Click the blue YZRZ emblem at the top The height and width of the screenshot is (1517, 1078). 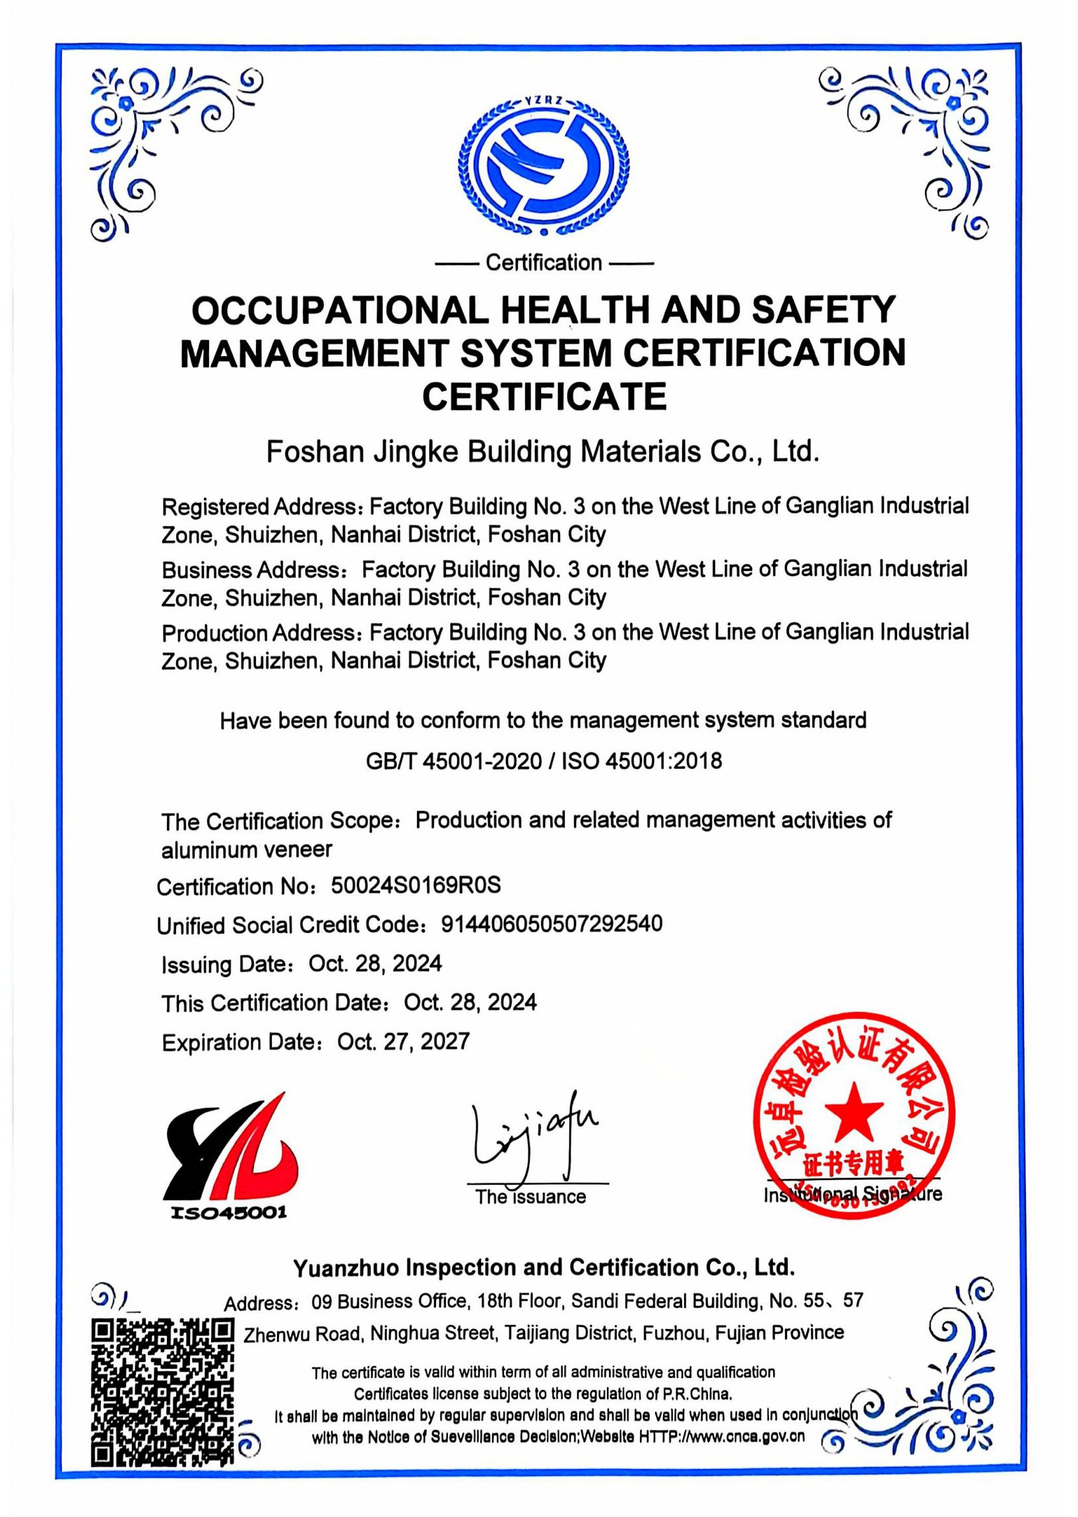(544, 167)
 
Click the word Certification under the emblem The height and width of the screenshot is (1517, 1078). (544, 263)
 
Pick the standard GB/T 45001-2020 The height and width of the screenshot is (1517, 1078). (453, 760)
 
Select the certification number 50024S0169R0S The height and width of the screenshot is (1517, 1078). (416, 885)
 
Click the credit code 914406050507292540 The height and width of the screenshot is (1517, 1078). (552, 924)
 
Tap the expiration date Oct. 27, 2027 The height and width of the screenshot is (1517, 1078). (404, 1042)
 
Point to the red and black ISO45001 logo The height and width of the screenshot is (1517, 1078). (229, 1152)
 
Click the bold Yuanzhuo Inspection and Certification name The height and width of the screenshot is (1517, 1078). (544, 1268)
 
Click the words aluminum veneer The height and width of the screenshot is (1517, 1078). (247, 850)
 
